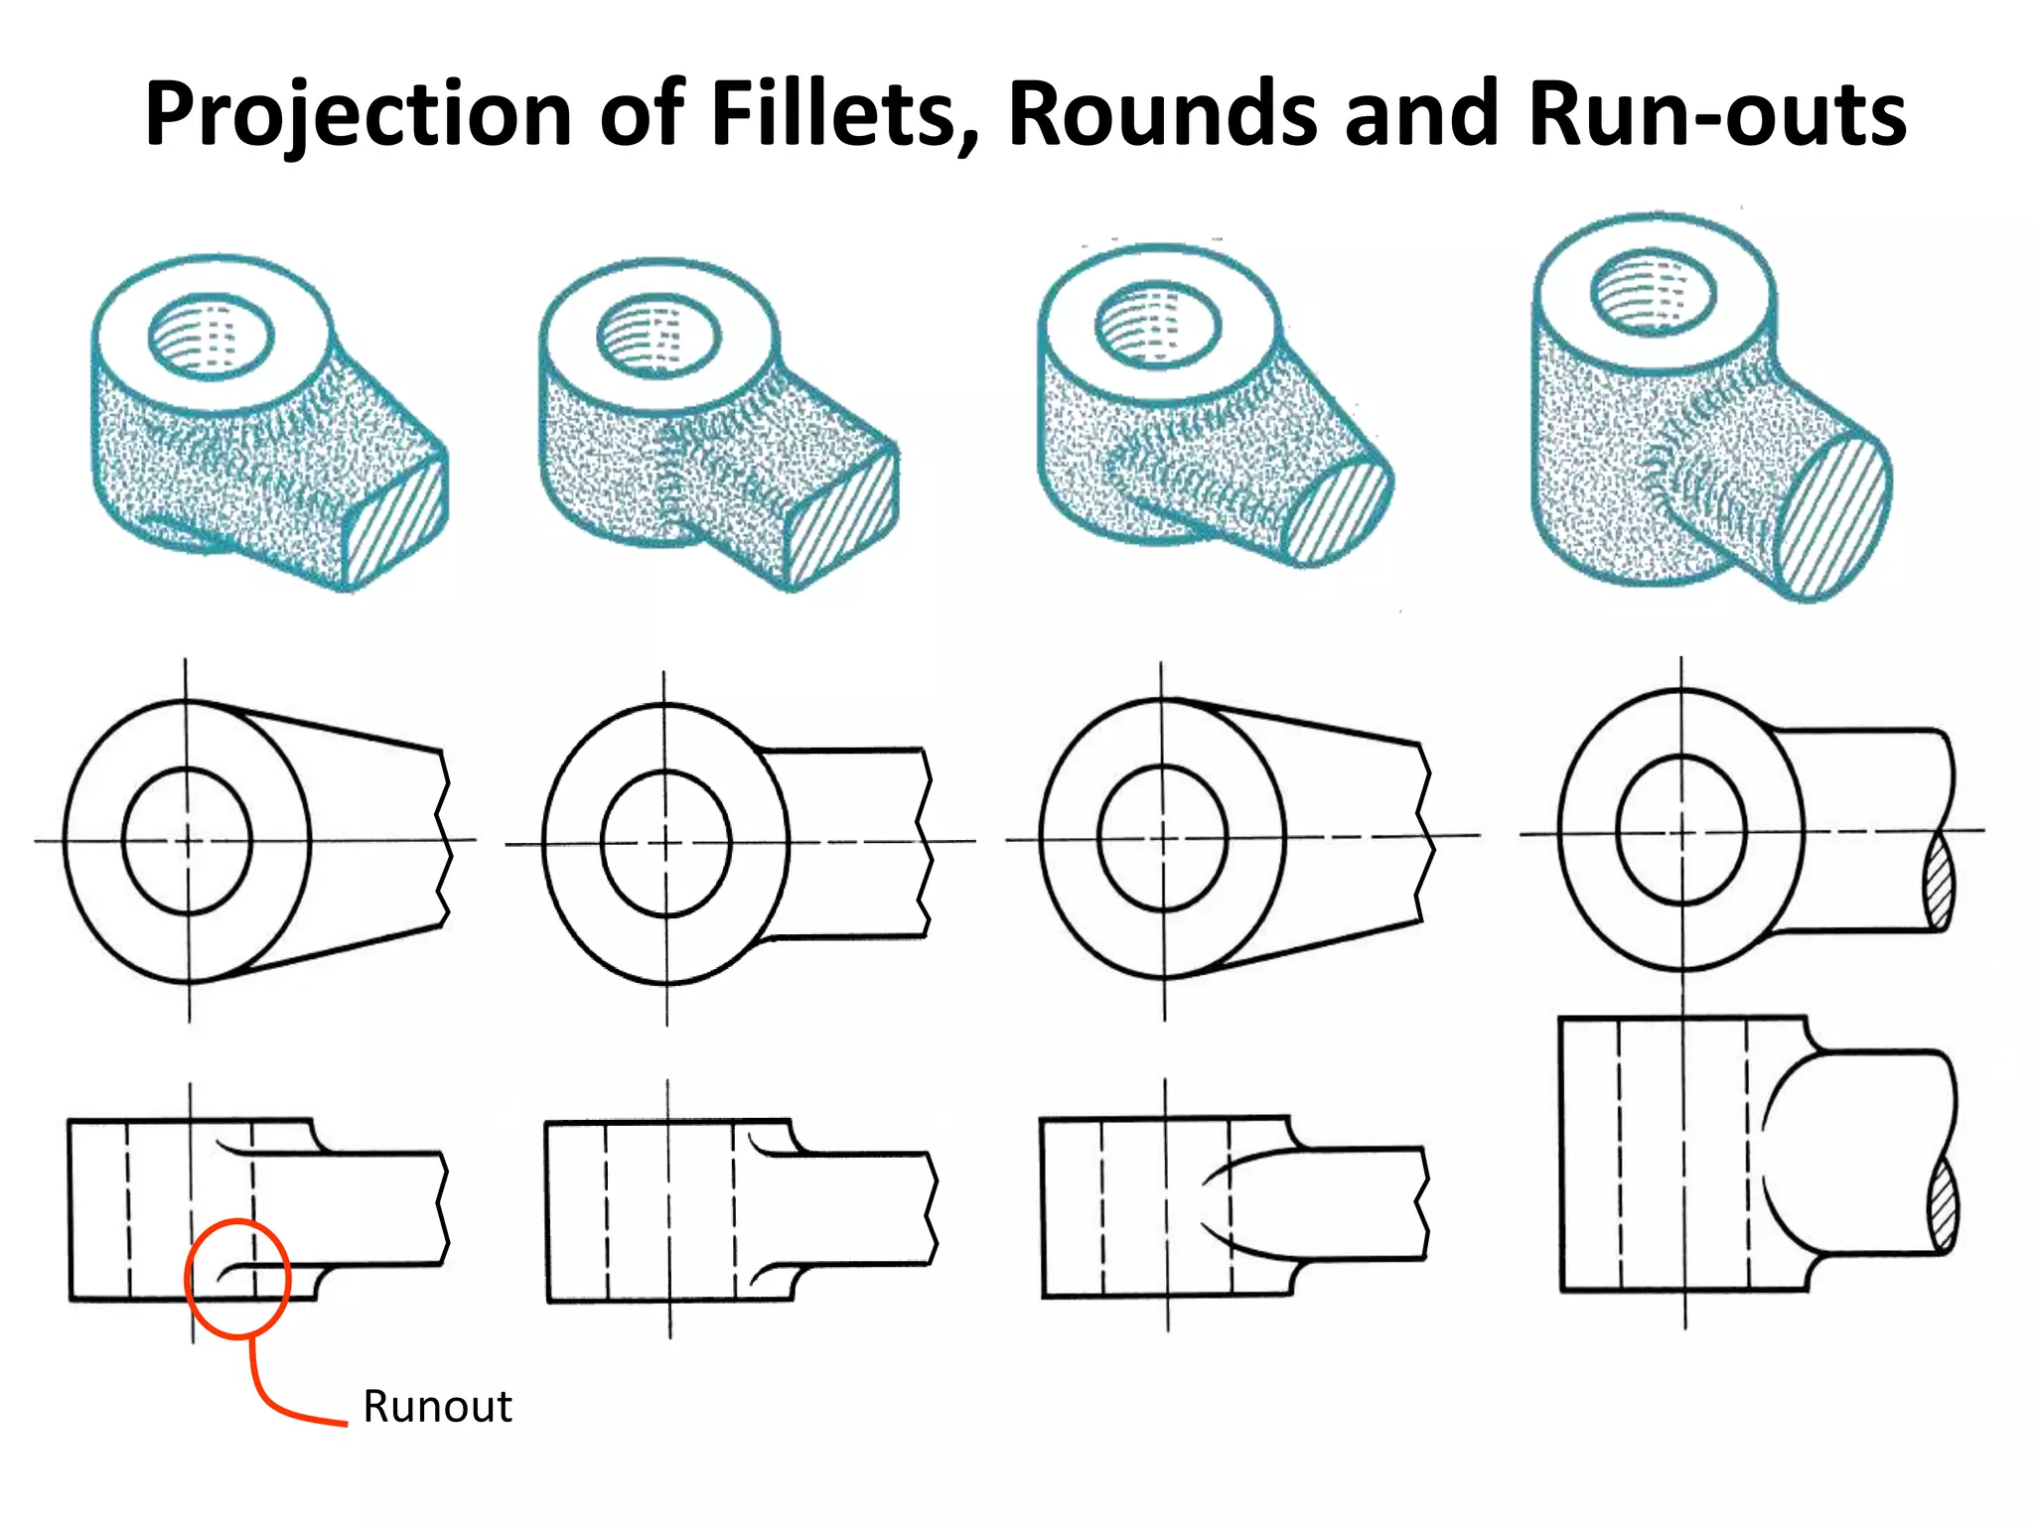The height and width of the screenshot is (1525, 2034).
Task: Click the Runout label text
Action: tap(437, 1407)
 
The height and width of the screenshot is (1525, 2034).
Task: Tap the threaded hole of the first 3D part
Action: tap(210, 337)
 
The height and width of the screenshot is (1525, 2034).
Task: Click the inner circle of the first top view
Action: tap(187, 840)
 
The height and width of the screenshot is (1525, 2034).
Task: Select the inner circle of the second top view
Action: tap(665, 843)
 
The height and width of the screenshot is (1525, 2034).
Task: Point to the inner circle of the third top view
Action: tap(1163, 838)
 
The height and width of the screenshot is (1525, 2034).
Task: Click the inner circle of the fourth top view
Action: tap(1681, 829)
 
